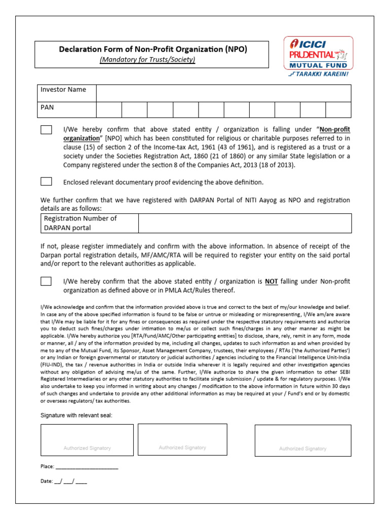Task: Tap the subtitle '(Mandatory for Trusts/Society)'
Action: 147,59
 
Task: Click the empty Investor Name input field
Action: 223,93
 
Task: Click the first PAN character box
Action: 109,109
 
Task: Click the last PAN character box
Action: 338,109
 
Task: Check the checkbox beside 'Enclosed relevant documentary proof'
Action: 46,181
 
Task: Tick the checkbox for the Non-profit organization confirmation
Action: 46,130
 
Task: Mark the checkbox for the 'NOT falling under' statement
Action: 46,281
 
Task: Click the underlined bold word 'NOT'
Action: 271,281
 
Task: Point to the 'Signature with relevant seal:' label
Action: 76,416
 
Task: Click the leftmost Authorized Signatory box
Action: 87,440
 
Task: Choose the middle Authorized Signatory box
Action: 182,439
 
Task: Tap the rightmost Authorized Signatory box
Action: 302,440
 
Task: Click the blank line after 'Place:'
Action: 87,467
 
